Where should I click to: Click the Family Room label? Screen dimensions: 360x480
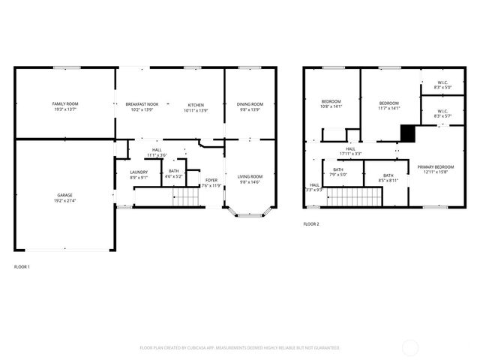[65, 103]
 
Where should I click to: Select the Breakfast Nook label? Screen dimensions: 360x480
[142, 103]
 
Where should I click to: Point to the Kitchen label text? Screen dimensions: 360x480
[196, 103]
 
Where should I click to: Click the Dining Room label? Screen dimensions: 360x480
[250, 103]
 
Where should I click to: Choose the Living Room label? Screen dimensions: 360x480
[250, 177]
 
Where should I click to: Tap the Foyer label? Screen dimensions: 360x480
[212, 180]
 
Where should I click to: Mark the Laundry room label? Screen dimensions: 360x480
[139, 172]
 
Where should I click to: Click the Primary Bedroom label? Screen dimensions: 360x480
[435, 167]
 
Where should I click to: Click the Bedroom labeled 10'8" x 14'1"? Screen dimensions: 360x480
[331, 102]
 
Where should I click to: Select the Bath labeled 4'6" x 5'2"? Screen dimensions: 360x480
[174, 172]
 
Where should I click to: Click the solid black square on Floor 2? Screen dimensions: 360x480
[407, 133]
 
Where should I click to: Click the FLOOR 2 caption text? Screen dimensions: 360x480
[311, 224]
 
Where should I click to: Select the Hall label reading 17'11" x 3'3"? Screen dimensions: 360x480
[350, 151]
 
